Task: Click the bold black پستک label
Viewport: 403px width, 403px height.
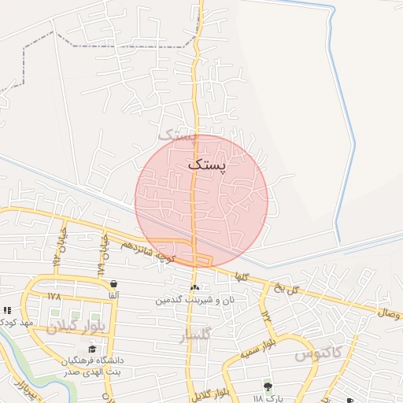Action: click(x=206, y=165)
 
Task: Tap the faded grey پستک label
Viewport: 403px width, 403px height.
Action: click(x=176, y=134)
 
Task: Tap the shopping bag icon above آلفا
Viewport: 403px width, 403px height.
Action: click(x=114, y=283)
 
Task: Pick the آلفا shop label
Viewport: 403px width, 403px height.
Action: click(x=114, y=294)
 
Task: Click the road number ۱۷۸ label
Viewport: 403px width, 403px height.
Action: click(x=54, y=297)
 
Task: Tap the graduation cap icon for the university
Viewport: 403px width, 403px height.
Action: click(x=92, y=349)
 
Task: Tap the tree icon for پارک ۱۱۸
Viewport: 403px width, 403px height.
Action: click(x=267, y=386)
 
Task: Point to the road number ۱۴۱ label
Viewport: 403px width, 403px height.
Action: click(x=266, y=316)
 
